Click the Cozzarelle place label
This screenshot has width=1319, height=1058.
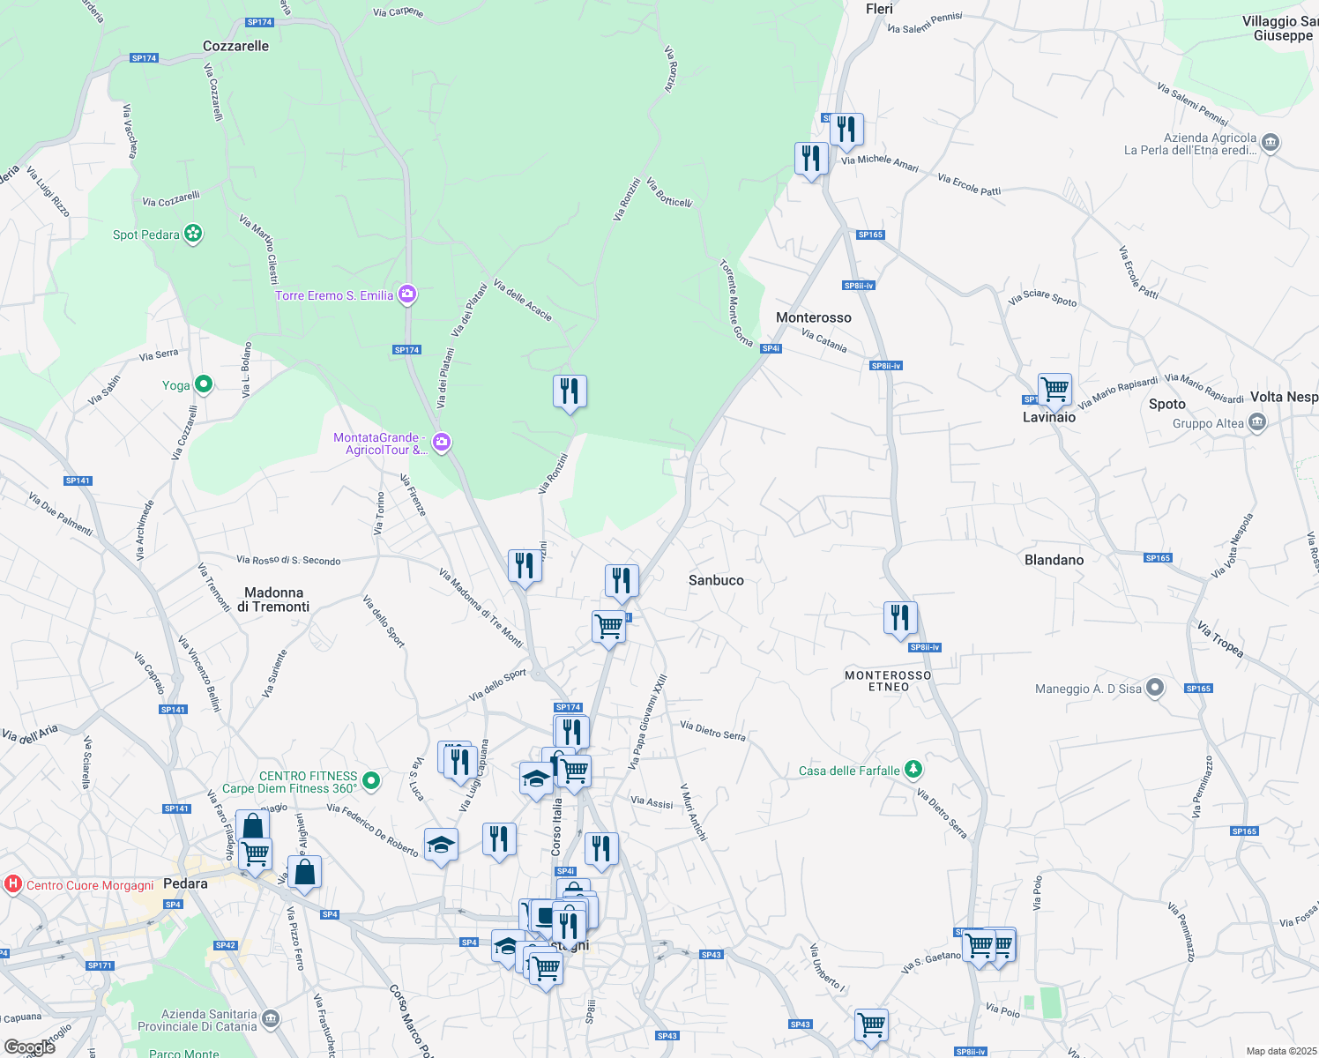tap(235, 46)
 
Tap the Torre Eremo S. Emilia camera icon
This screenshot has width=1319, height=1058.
tap(407, 294)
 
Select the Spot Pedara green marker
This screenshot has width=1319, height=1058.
tap(193, 234)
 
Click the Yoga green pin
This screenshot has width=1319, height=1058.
tap(204, 384)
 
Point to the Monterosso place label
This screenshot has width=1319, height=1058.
tap(813, 317)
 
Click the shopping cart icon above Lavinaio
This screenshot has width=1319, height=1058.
tap(1054, 388)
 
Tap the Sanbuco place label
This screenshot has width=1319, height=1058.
tap(716, 580)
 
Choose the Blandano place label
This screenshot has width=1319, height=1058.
tap(1054, 560)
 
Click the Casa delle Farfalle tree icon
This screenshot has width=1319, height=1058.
tap(913, 770)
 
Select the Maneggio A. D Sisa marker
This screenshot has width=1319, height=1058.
tap(1155, 689)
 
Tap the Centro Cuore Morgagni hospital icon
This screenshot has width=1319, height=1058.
tap(13, 884)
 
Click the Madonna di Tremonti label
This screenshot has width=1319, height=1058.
tap(273, 600)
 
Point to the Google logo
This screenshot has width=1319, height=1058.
tap(30, 1047)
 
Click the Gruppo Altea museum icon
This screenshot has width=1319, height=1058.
tap(1257, 423)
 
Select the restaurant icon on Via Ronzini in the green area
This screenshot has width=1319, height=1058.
tap(570, 391)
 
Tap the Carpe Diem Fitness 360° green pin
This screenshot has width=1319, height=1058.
tap(371, 780)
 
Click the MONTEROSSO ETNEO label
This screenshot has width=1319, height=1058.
tap(888, 681)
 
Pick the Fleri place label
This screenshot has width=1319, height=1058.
tap(879, 9)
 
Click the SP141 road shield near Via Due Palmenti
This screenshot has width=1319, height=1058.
tap(78, 481)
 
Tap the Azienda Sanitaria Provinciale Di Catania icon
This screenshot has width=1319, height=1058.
tap(271, 1019)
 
